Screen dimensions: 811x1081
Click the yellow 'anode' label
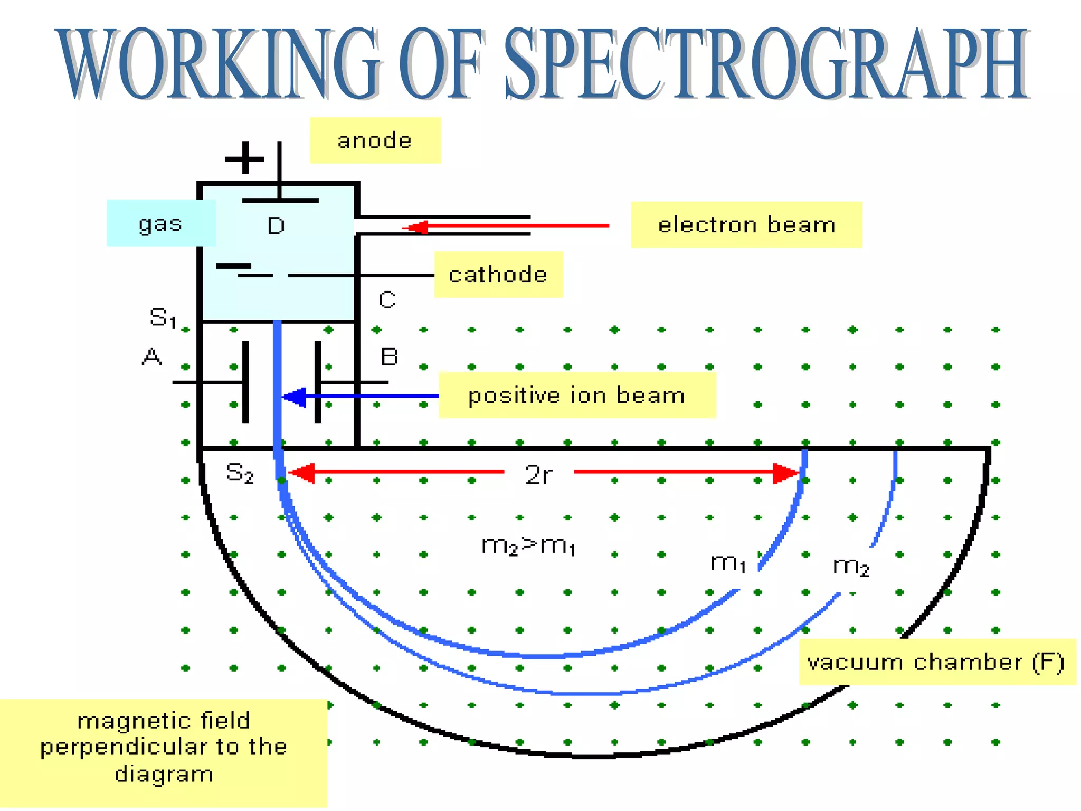(x=375, y=140)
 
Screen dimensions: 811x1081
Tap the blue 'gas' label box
(x=160, y=223)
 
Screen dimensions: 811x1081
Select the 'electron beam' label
(x=746, y=225)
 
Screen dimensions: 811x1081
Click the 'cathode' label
(x=498, y=275)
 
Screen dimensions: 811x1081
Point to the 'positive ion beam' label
(x=577, y=395)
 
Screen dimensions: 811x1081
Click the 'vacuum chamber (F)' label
(x=936, y=662)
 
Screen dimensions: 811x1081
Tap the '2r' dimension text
(x=538, y=474)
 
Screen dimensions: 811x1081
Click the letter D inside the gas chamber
(x=276, y=226)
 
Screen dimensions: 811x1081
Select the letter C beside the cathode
(x=387, y=299)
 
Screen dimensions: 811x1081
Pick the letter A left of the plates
(x=151, y=357)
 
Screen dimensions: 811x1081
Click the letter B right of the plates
(x=390, y=357)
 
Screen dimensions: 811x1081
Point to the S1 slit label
(x=163, y=318)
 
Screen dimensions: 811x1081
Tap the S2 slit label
(x=240, y=473)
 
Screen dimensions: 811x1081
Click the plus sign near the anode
(x=244, y=157)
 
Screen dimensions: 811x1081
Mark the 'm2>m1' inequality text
(x=528, y=545)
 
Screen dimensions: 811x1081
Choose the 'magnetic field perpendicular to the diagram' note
(x=164, y=747)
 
